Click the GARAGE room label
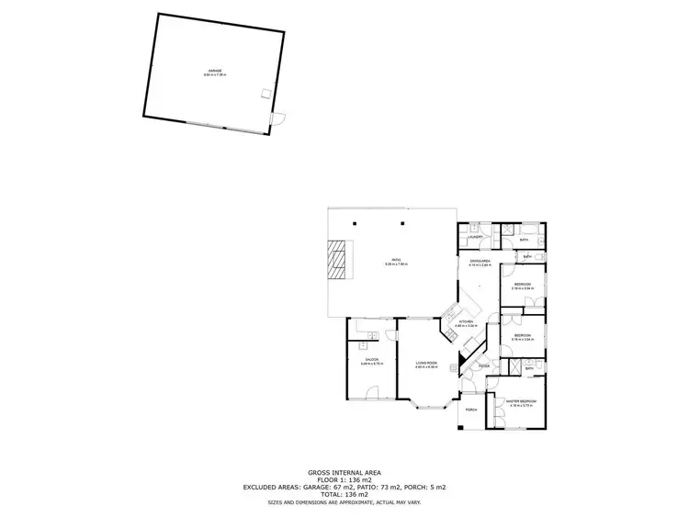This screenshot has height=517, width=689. [214, 71]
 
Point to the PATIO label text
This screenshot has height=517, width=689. [396, 261]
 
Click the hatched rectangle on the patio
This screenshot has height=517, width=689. [339, 259]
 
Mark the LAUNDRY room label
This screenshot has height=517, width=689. [475, 237]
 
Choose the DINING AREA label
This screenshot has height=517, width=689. [480, 262]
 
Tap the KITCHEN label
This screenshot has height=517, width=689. [465, 322]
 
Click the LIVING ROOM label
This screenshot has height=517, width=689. [424, 363]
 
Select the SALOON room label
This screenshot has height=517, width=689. [369, 359]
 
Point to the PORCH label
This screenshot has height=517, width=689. [470, 409]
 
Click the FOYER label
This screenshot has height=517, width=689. [484, 366]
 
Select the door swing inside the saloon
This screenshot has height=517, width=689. [373, 392]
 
